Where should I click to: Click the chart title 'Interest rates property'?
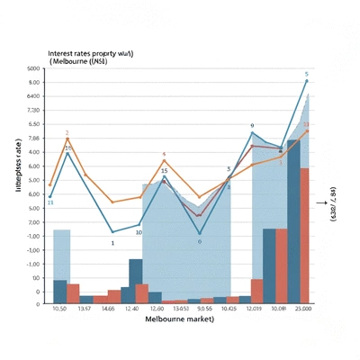[x=91, y=54]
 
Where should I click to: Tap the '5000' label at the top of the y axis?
[x=34, y=69]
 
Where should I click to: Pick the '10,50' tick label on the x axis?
[x=61, y=310]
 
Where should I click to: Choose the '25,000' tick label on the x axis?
[x=303, y=310]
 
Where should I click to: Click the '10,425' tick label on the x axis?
[x=229, y=310]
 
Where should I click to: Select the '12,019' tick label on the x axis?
[x=253, y=310]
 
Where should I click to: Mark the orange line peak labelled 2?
[x=67, y=139]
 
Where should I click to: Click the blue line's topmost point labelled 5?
[x=307, y=81]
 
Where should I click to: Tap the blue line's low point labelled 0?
[x=200, y=234]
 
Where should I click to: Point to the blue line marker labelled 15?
[x=164, y=177]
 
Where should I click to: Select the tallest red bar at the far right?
[x=304, y=236]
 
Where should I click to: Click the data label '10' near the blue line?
[x=139, y=232]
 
